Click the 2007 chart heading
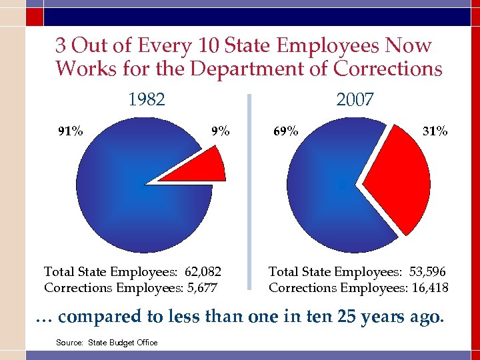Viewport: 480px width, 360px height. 355,100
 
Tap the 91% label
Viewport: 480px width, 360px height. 71,131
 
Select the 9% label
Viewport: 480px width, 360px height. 220,131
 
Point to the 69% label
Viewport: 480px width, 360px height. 286,131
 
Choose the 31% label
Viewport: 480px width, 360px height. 435,131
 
